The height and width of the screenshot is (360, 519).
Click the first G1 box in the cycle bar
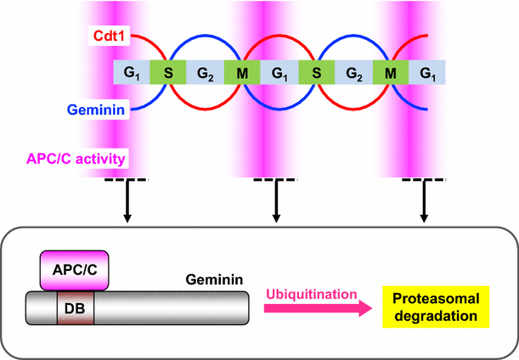pos(131,71)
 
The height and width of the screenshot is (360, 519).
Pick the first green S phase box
pos(168,71)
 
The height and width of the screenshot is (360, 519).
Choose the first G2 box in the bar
pos(205,71)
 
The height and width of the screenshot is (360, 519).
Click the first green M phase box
pos(241,71)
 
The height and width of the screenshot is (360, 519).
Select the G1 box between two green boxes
pos(278,71)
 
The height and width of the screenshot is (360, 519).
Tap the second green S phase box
pos(316,71)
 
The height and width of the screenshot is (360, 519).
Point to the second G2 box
pos(353,71)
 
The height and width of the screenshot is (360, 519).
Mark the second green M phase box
pos(390,71)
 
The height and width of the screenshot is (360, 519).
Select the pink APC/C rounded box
pos(73,269)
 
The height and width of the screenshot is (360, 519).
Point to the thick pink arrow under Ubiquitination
pos(313,312)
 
